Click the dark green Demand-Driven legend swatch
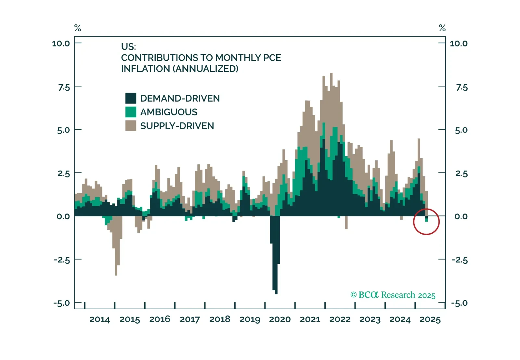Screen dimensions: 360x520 131,98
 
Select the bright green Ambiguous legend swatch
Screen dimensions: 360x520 131,112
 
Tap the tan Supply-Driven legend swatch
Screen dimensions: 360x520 131,126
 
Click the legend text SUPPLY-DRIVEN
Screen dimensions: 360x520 177,126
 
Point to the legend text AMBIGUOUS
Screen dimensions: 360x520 169,112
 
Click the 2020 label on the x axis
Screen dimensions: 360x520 280,320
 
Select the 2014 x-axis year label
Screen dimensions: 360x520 99,320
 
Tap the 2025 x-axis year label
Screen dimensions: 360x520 430,320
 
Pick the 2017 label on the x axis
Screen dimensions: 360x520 190,320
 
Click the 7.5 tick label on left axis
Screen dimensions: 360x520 64,87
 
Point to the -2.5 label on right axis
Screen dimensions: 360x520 460,260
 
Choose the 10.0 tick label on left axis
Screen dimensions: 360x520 61,44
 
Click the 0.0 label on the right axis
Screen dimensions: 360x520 461,216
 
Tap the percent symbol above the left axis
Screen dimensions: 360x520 78,28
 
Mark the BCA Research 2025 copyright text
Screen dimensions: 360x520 393,295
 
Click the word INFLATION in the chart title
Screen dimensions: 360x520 145,69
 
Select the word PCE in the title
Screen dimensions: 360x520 272,58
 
